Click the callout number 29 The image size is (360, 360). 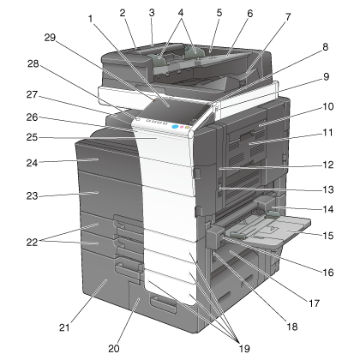coord(50,38)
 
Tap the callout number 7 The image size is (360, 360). coord(288,17)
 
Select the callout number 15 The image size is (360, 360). coord(328,236)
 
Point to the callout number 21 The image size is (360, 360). coord(64,327)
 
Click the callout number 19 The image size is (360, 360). coord(244,348)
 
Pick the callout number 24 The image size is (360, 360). coord(32,163)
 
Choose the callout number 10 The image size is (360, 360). coord(328,106)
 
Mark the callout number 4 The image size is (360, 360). coord(181,13)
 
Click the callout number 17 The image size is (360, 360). coord(314,303)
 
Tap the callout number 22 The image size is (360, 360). coord(32,243)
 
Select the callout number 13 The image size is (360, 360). coord(328,189)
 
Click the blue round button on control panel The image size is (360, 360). coord(175,126)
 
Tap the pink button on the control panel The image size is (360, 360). coord(182,127)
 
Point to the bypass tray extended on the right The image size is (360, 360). coord(272,230)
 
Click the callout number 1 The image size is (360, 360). coord(91,19)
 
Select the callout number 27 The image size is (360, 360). coord(32,94)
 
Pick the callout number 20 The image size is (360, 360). coord(114,348)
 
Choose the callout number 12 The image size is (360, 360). coord(328,165)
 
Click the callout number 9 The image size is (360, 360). coord(327,76)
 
